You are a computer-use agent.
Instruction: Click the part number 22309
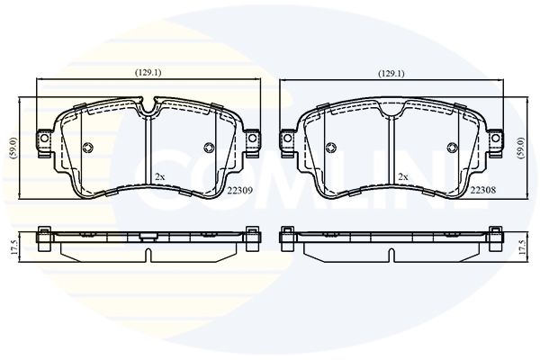(x=240, y=190)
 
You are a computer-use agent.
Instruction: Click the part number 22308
(x=483, y=190)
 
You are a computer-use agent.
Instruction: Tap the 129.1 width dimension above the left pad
(x=148, y=73)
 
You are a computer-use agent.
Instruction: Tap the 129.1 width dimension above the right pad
(x=391, y=74)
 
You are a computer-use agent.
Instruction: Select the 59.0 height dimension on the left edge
(x=13, y=148)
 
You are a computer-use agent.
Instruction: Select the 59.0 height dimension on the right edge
(x=521, y=148)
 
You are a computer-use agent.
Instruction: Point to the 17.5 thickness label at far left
(x=14, y=247)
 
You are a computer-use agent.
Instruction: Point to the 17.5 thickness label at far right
(x=522, y=247)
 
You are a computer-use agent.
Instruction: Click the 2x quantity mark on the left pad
(x=160, y=177)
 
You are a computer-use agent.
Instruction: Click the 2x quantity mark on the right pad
(x=403, y=177)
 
